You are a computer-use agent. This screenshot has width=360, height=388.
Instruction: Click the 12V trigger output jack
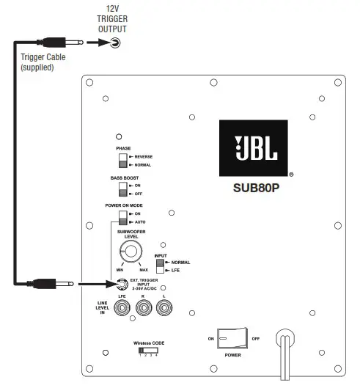[x=114, y=43]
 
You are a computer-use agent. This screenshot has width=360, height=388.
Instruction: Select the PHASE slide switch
[x=122, y=161]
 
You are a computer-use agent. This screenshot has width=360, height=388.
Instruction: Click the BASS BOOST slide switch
[x=122, y=190]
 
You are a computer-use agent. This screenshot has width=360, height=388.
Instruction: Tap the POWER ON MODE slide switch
[x=122, y=217]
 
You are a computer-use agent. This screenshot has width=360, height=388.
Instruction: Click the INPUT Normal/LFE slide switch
[x=160, y=266]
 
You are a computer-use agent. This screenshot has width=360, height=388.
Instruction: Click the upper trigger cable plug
[x=57, y=43]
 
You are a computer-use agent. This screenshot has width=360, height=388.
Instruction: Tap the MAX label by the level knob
[x=144, y=270]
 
